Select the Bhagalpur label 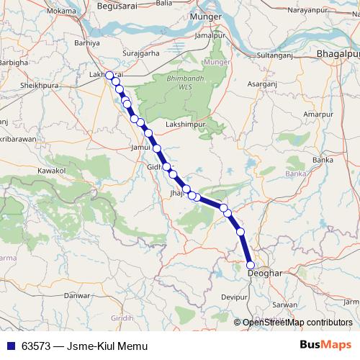pos(337,55)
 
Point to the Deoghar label pos(263,274)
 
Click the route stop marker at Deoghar pos(251,266)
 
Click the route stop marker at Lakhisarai pos(109,75)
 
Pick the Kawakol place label pos(52,171)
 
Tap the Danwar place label pos(76,294)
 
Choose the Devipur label pos(235,297)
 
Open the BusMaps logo pos(325,345)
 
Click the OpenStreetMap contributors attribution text pos(297,322)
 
